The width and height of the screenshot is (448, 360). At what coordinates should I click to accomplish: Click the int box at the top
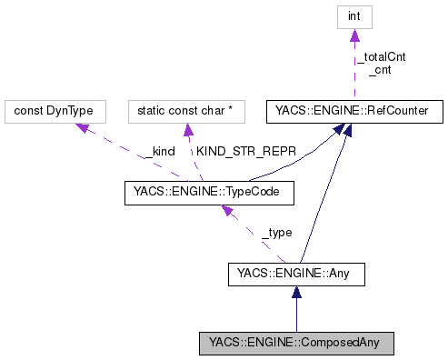(353, 17)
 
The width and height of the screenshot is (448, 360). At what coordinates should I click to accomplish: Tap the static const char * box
(185, 111)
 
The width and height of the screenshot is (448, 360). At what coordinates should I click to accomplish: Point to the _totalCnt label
(380, 56)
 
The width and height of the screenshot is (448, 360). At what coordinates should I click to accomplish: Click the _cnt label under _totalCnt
(380, 69)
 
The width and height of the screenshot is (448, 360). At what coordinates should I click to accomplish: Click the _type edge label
(276, 233)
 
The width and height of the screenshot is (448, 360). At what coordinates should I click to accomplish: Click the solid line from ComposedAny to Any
(295, 314)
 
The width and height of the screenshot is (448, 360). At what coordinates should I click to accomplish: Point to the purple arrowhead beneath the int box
(353, 36)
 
